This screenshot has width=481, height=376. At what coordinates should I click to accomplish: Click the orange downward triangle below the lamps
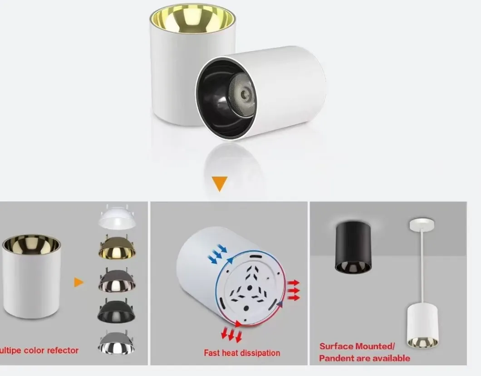220,183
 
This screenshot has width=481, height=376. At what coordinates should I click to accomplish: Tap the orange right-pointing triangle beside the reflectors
79,282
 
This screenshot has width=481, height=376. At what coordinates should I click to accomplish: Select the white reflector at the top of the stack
117,217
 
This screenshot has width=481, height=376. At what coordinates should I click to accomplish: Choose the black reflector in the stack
117,311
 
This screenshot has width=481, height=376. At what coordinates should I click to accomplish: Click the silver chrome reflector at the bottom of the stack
117,342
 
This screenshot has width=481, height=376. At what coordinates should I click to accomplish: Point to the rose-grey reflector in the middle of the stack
117,280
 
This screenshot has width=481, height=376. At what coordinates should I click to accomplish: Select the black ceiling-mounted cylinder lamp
353,247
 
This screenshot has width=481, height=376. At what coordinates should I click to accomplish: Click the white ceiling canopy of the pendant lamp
422,224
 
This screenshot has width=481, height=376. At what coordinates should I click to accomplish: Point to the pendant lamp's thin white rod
422,266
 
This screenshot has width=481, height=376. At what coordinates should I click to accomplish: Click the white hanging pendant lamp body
422,326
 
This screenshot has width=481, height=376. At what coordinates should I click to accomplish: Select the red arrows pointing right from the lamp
294,290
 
